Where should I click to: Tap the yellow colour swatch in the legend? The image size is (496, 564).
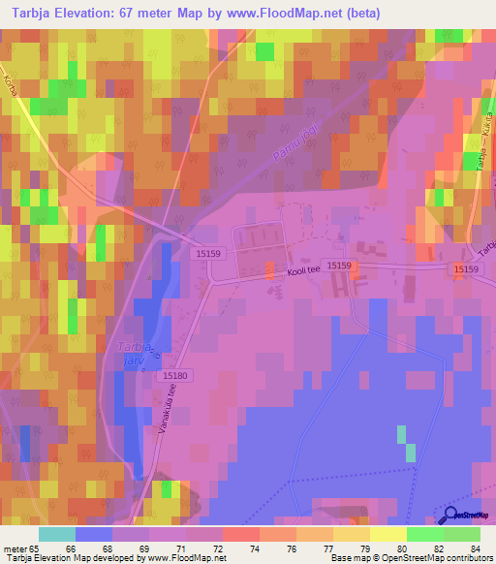[387, 534]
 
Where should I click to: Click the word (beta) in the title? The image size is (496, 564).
[358, 14]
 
